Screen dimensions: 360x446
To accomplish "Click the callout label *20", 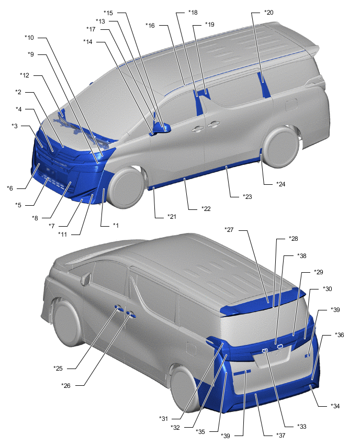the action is coord(268,13).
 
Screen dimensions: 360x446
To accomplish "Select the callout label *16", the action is coord(150,26).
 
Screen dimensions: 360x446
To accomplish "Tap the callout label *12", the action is coord(25,75).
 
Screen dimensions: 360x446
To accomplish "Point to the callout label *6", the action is coord(10,188).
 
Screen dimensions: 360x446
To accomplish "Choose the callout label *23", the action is coord(247,197).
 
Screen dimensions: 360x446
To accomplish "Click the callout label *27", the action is coord(229,230).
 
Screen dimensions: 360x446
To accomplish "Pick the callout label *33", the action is coord(302,427).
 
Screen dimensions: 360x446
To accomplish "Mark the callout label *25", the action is coord(58,369).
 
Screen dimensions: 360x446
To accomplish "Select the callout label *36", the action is coord(339,335).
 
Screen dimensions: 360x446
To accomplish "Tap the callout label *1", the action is coord(116,226).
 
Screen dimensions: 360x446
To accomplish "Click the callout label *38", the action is coord(302,256).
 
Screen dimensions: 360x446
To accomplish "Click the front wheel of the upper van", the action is coord(126,187).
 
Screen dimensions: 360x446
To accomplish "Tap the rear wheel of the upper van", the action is coord(281,147).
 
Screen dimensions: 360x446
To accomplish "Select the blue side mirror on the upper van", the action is coord(162,128).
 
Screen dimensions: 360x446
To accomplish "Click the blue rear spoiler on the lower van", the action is coord(263,302).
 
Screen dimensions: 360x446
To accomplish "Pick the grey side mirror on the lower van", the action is coord(86,278).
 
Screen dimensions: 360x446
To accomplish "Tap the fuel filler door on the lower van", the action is coord(191,349).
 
